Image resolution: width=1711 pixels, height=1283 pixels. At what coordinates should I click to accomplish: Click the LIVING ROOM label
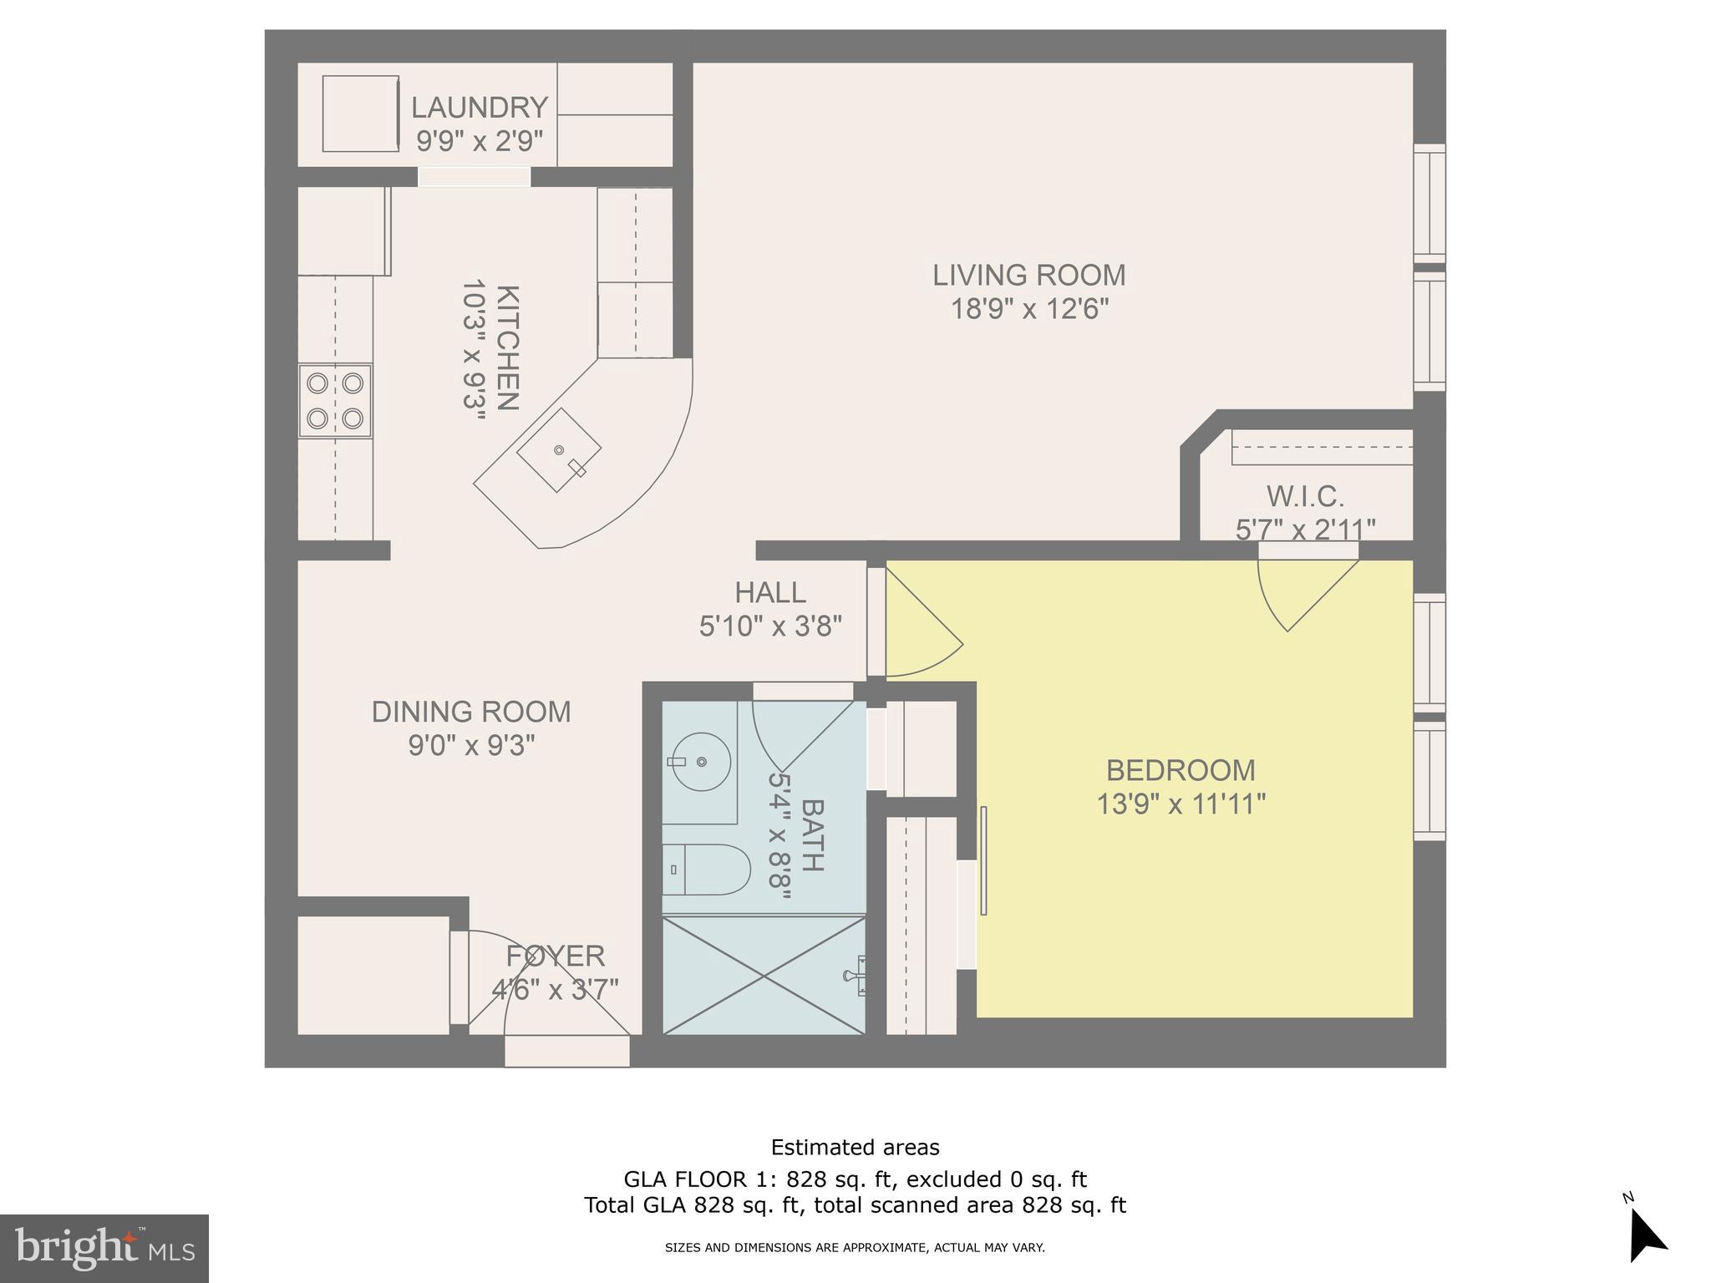coord(1028,275)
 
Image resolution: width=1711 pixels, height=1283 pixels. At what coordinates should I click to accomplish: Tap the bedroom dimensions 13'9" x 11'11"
coord(1180,804)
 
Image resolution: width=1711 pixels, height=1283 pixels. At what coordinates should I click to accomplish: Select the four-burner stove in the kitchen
coord(335,400)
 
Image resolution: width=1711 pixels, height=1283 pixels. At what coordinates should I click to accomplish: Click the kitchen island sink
coord(559,450)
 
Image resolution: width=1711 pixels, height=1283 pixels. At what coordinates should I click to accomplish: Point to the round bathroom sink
coord(700,761)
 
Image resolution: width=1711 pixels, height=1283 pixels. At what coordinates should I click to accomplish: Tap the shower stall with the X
coord(764,975)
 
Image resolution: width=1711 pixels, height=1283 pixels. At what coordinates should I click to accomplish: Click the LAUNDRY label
coord(479,108)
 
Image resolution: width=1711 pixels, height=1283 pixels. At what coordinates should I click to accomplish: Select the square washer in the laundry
coord(360,114)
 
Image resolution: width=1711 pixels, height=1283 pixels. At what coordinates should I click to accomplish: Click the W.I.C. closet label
coord(1305,497)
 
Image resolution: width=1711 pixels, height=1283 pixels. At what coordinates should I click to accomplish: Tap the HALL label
coord(770,592)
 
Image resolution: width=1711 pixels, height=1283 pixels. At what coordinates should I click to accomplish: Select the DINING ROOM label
coord(471,712)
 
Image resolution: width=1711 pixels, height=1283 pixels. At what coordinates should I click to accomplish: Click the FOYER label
coord(555,956)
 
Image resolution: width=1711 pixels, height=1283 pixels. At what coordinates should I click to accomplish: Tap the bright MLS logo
coord(104,1249)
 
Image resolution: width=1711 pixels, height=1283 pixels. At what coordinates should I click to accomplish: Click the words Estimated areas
coord(855,1147)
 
